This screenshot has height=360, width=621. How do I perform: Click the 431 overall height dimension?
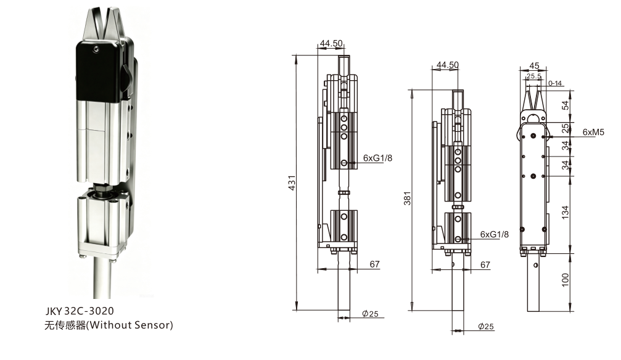click(292, 182)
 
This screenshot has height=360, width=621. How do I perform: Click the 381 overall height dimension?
click(407, 198)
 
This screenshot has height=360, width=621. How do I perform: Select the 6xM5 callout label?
click(593, 132)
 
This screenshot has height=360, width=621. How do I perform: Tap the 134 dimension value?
click(565, 212)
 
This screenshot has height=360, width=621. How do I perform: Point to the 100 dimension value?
click(565, 280)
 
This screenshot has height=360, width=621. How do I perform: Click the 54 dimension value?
click(565, 105)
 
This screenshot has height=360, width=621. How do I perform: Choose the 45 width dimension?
click(534, 66)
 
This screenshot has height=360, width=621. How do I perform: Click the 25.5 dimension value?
click(534, 76)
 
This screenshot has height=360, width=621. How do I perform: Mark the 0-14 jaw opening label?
click(555, 83)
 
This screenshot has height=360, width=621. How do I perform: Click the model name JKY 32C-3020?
click(79, 310)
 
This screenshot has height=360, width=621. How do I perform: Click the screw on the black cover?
click(96, 49)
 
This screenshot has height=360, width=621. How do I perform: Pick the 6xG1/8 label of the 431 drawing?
click(377, 158)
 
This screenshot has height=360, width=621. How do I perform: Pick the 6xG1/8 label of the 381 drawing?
click(494, 234)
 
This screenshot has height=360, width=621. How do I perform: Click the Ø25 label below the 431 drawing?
click(370, 314)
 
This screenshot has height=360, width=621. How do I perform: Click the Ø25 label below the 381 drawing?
click(486, 326)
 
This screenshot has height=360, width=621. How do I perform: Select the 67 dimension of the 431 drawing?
click(375, 264)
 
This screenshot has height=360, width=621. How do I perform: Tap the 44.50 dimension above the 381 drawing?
click(448, 65)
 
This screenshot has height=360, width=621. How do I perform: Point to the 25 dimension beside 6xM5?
click(565, 128)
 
